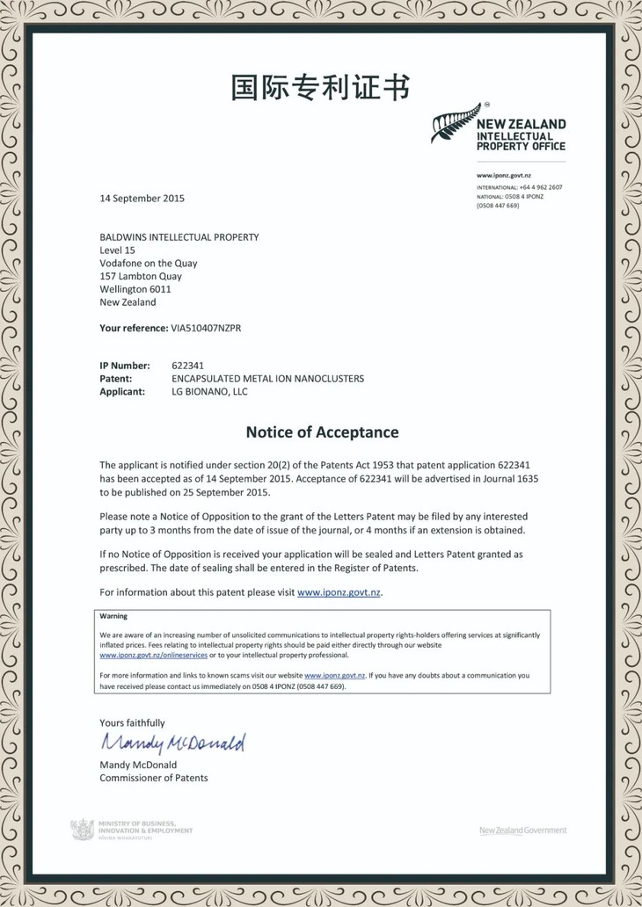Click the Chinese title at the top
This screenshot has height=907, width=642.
[x=320, y=88]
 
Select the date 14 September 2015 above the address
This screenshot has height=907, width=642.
[x=142, y=199]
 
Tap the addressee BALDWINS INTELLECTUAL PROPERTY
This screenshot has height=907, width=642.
[x=179, y=237]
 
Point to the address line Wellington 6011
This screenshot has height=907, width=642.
[x=135, y=289]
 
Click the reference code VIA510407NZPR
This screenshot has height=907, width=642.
[x=206, y=328]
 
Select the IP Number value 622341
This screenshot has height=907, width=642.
[x=187, y=365]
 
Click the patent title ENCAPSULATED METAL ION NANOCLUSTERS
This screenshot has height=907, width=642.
[x=267, y=379]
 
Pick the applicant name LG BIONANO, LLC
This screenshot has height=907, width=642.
[x=209, y=392]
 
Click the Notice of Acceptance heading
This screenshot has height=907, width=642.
[x=322, y=432]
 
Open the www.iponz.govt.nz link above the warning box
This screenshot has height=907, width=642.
[x=339, y=592]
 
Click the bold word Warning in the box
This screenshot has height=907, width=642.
[x=113, y=617]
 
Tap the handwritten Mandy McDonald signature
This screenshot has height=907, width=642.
[x=172, y=744]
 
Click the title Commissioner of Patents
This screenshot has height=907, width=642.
[x=154, y=778]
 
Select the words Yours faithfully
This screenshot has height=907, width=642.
[x=132, y=722]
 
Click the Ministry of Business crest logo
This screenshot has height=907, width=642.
[x=82, y=829]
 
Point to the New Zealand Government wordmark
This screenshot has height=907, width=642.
[x=522, y=831]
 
